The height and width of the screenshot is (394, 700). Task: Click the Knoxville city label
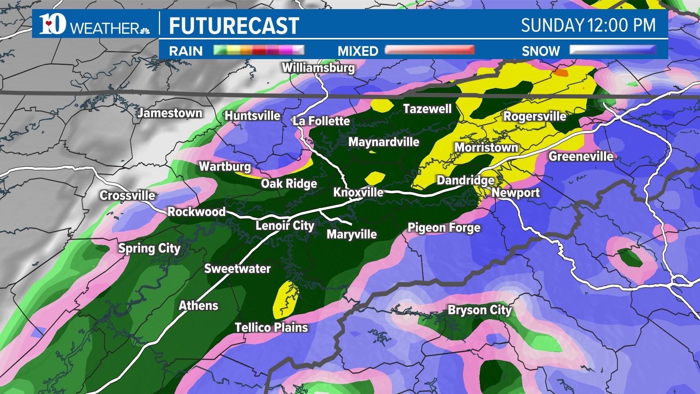coord(358,192)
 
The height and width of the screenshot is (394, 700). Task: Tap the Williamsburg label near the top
coord(318,68)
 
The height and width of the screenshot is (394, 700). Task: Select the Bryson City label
coord(479,310)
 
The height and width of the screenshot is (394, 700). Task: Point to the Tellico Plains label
coord(271,327)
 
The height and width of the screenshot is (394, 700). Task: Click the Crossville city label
coord(127,196)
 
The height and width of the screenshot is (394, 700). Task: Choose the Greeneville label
coord(581,157)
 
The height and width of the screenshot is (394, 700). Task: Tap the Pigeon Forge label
coord(444,228)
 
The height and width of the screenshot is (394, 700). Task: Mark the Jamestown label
coord(170,113)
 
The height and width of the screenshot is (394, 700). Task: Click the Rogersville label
coord(534,116)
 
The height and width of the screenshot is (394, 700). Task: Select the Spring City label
coord(149,248)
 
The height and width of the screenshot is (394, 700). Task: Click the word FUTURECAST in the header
coord(234,26)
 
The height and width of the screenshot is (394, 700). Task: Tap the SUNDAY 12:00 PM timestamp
coord(588,26)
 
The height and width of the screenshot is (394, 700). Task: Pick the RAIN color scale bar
coord(258,50)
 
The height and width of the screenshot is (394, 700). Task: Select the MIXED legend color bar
coord(429,50)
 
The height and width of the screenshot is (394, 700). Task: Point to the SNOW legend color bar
coord(612,50)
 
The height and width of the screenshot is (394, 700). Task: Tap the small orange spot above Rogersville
coord(560,73)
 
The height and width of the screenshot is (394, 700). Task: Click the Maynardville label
coord(384,142)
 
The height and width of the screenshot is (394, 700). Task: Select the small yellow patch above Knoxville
coord(375,178)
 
